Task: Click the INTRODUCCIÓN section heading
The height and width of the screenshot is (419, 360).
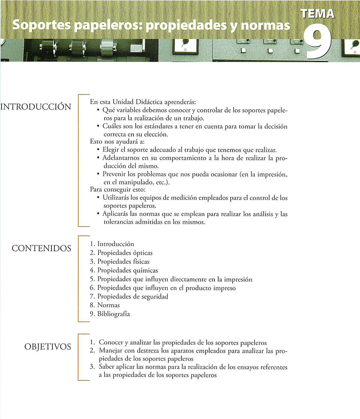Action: coord(36,107)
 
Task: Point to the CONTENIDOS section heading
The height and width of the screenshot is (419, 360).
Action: coord(41,248)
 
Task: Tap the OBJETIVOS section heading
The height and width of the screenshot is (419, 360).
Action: coord(48,347)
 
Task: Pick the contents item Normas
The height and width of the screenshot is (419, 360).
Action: coord(108,305)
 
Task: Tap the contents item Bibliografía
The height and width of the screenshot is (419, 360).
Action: coord(114,314)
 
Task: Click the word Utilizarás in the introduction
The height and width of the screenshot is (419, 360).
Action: coord(116,197)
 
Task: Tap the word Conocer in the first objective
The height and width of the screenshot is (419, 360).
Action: coord(111,342)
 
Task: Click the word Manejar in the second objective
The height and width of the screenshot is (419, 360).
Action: coord(111,351)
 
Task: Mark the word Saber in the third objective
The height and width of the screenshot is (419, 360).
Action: coord(106,367)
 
